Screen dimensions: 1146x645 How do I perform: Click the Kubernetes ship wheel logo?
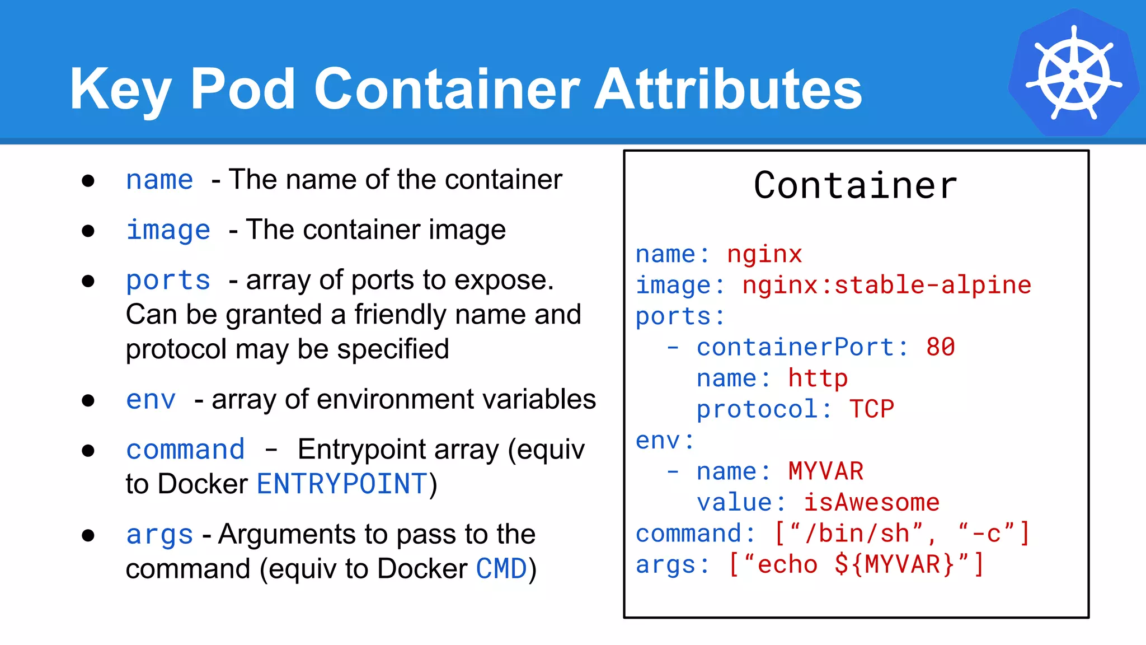pyautogui.click(x=1074, y=73)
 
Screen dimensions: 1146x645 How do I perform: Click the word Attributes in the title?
pyautogui.click(x=728, y=89)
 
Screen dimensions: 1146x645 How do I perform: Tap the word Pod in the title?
pyautogui.click(x=242, y=89)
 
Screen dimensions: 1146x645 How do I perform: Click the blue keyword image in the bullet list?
pyautogui.click(x=168, y=230)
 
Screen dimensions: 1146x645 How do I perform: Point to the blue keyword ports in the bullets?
pyautogui.click(x=168, y=280)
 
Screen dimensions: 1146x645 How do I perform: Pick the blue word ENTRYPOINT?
pyautogui.click(x=342, y=484)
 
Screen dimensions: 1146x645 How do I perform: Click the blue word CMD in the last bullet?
pyautogui.click(x=501, y=569)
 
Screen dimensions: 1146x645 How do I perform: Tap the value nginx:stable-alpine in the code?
pyautogui.click(x=886, y=285)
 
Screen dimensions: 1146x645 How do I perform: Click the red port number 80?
pyautogui.click(x=941, y=347)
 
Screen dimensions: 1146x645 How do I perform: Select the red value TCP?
pyautogui.click(x=872, y=409)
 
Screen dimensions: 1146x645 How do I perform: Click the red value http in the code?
pyautogui.click(x=818, y=378)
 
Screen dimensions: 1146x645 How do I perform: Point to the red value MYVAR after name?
pyautogui.click(x=825, y=471)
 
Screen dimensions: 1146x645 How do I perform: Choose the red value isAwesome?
pyautogui.click(x=871, y=502)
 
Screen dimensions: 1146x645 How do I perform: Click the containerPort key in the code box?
pyautogui.click(x=795, y=347)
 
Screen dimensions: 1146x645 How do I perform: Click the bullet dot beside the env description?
pyautogui.click(x=88, y=400)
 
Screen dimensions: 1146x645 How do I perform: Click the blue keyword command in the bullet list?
pyautogui.click(x=185, y=450)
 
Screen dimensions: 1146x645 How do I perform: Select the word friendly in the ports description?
pyautogui.click(x=401, y=315)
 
